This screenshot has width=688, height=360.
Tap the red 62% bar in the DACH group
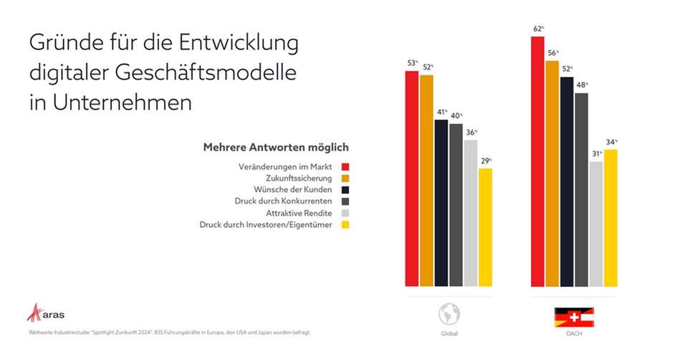click(537, 161)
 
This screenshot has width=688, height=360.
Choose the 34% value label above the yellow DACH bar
click(611, 142)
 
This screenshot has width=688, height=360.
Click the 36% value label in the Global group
click(471, 132)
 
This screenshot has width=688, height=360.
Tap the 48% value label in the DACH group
click(582, 85)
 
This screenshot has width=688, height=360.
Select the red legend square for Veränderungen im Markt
click(345, 166)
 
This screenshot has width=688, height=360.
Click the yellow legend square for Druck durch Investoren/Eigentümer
click(345, 225)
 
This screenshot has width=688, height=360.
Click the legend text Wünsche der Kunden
click(293, 190)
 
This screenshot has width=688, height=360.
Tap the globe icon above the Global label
click(449, 313)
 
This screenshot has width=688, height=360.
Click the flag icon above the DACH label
click(574, 317)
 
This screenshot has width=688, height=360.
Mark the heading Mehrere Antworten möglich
click(276, 147)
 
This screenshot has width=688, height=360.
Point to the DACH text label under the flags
click(574, 334)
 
